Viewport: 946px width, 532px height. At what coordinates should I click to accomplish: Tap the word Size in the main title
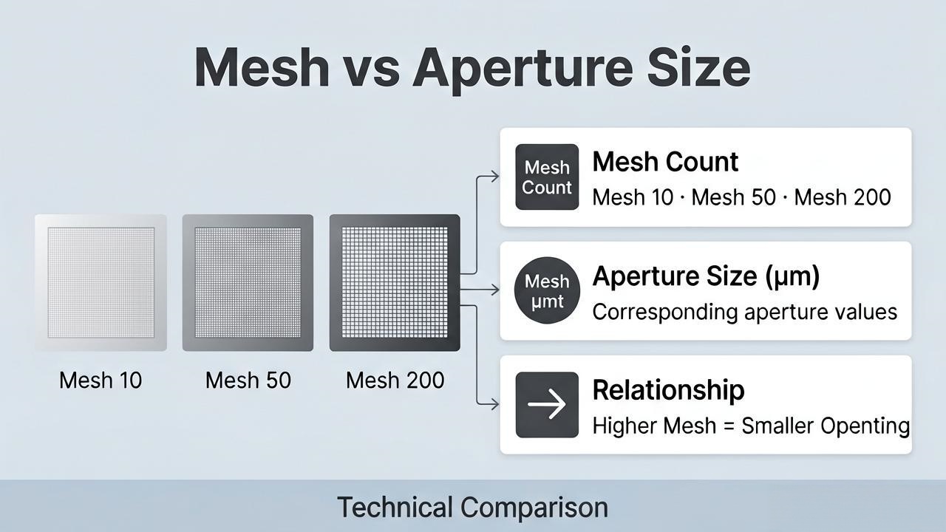click(x=698, y=66)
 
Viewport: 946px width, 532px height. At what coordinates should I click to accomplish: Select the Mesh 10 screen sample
click(x=101, y=282)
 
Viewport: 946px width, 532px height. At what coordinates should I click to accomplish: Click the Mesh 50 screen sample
click(x=248, y=282)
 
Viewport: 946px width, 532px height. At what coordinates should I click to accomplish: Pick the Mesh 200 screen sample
click(x=395, y=282)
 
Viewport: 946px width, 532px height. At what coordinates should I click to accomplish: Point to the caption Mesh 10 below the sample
click(x=101, y=381)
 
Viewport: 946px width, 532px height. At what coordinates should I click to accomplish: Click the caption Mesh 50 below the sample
click(x=248, y=381)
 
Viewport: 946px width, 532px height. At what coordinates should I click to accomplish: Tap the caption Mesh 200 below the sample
click(x=395, y=381)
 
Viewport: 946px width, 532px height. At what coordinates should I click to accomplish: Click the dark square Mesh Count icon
click(x=547, y=177)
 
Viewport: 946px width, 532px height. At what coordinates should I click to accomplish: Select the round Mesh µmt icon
click(x=547, y=290)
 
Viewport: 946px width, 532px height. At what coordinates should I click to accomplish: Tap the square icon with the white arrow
click(x=547, y=404)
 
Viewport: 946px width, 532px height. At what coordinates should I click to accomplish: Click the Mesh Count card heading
click(x=665, y=162)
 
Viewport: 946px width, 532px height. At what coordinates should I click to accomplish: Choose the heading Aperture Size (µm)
click(x=706, y=276)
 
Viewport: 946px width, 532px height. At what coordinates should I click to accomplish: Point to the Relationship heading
click(x=668, y=389)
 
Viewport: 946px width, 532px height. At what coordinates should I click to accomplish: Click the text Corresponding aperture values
click(x=744, y=313)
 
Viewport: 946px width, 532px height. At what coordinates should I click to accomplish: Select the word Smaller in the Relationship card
click(x=777, y=426)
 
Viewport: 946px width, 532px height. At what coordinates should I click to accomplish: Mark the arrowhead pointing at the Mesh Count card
click(x=494, y=177)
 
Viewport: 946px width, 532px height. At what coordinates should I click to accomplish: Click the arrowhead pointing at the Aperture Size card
click(x=494, y=290)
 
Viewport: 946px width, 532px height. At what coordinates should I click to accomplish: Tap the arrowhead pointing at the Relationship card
click(x=494, y=404)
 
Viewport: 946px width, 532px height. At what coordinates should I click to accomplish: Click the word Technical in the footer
click(x=395, y=507)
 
